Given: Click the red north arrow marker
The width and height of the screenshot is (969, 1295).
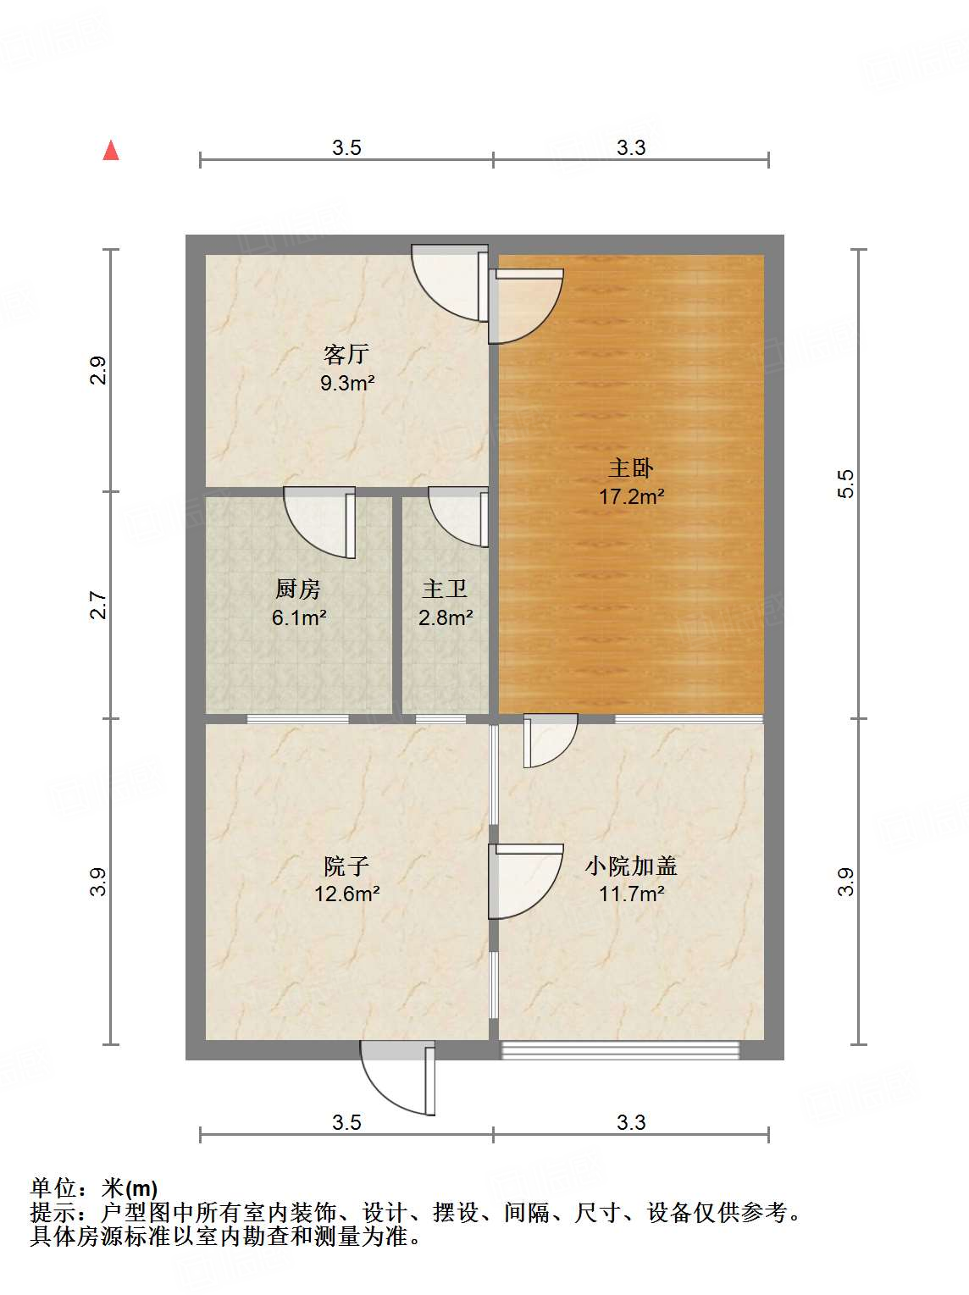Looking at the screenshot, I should [111, 151].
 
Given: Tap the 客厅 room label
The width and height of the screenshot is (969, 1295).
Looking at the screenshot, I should [346, 353].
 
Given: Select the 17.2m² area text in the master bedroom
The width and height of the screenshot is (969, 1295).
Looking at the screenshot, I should [631, 496].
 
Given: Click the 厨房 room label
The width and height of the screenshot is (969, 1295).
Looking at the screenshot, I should [298, 589].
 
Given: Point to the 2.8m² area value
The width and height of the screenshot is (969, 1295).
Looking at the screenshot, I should [446, 617].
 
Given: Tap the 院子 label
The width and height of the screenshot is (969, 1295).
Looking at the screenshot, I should [346, 866].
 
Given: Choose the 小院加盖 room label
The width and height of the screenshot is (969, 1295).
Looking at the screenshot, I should [631, 866].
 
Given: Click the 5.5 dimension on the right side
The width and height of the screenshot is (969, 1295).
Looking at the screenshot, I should [846, 484].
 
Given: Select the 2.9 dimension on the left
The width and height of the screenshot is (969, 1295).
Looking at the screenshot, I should [99, 371].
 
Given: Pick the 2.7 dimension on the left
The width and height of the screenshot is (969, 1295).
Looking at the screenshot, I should [99, 605].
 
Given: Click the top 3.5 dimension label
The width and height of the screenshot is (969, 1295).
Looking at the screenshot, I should [346, 148].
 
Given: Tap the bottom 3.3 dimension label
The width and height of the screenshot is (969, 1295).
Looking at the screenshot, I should [631, 1122].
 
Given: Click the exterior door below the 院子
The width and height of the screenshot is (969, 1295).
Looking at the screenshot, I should [398, 1077].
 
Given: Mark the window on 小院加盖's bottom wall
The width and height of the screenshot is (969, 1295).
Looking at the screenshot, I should [620, 1050].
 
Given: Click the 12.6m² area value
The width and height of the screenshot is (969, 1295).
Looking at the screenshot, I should [346, 894].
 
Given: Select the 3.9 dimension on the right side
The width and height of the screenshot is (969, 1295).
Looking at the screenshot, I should [846, 882].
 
